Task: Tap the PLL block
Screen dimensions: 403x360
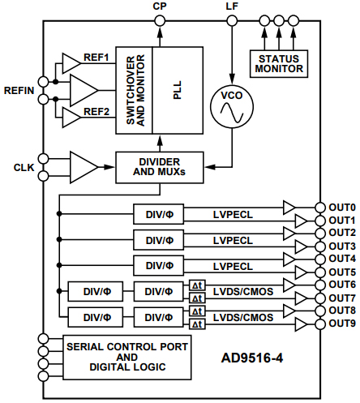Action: point(178,89)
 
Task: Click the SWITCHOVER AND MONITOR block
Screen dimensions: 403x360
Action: point(135,89)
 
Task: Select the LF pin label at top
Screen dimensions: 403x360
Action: point(232,7)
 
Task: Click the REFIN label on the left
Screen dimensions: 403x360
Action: point(19,90)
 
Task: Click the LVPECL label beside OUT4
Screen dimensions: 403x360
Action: point(236,265)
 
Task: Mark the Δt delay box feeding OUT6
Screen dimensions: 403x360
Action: point(196,285)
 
